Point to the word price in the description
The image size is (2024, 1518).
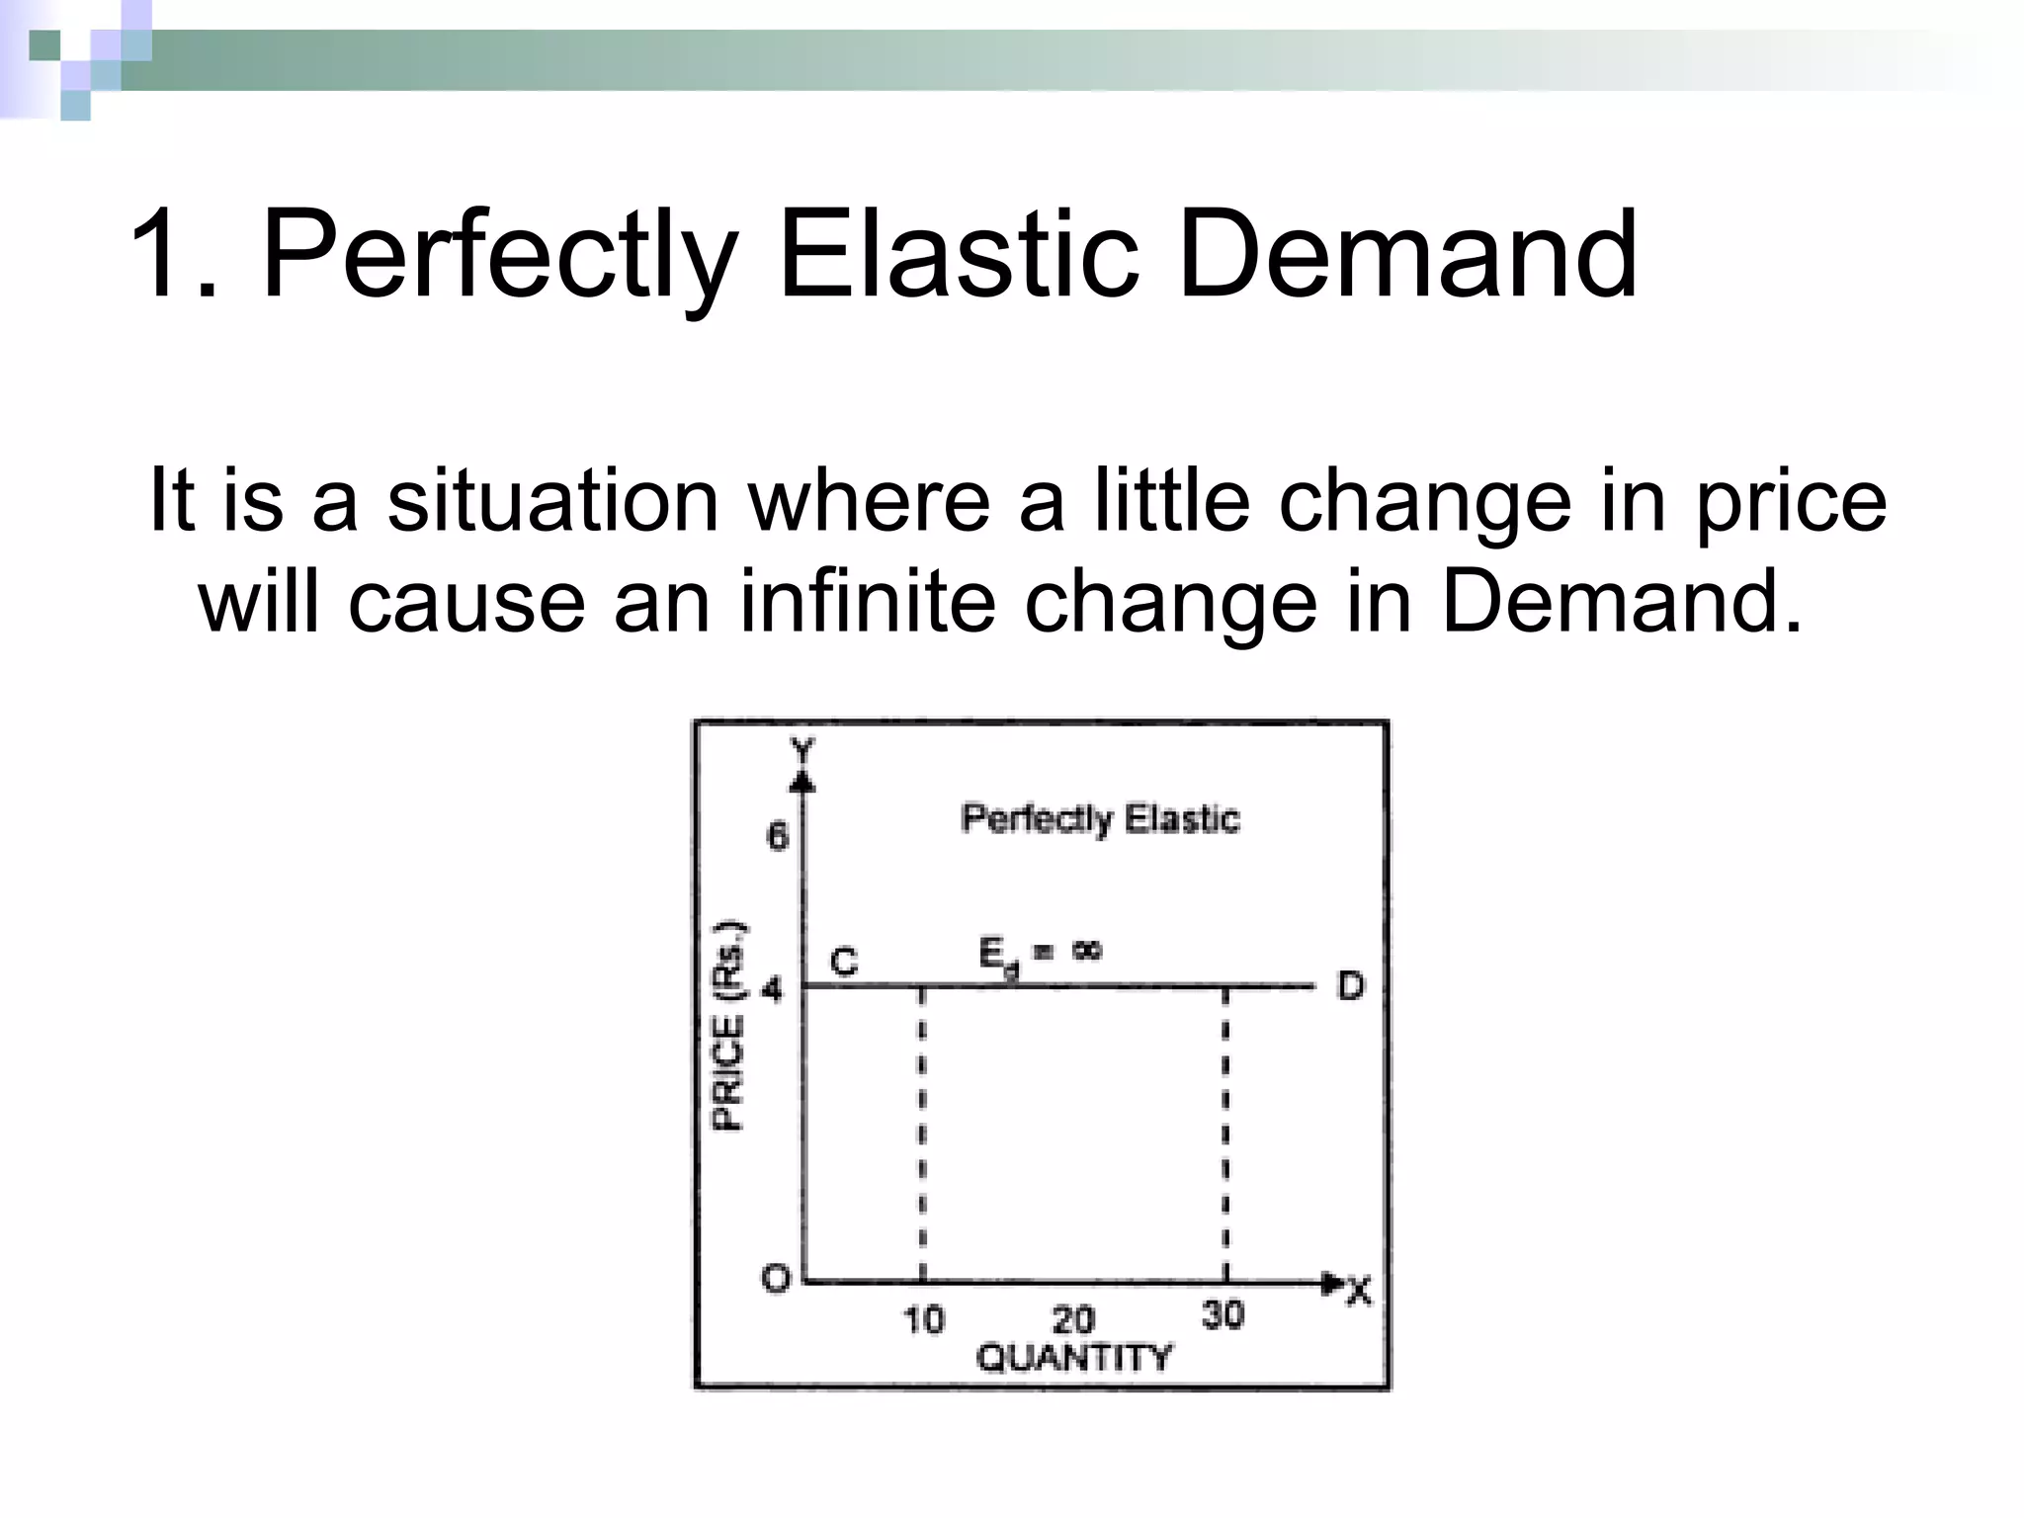1791,502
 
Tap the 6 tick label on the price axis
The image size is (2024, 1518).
778,837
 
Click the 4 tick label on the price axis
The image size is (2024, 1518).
772,988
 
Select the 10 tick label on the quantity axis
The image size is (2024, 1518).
924,1319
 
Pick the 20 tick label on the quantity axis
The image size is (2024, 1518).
1073,1319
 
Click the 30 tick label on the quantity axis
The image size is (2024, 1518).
1223,1314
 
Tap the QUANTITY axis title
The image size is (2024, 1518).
1073,1358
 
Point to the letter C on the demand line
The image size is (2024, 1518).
843,962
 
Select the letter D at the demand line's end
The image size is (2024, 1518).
1350,985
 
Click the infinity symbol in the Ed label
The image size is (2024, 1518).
1085,951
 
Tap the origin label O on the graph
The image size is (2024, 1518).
777,1279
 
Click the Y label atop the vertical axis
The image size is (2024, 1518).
803,751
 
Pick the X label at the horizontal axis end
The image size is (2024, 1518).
1360,1291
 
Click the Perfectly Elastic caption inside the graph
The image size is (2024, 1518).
1100,818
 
